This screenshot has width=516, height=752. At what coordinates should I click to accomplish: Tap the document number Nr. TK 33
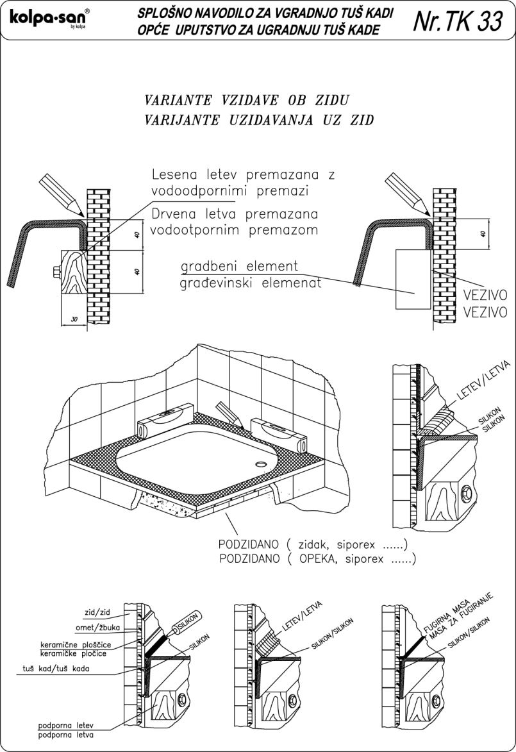[458, 21]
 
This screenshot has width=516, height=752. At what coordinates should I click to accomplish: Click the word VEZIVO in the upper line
[485, 297]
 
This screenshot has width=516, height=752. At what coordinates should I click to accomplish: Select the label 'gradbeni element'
[239, 266]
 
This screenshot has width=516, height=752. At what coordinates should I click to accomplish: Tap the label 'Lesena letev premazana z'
[244, 175]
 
